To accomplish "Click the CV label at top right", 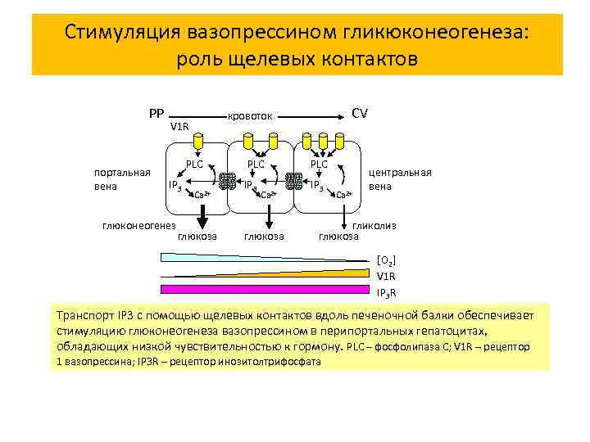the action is point(359,112).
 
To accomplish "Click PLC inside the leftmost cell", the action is point(194,165).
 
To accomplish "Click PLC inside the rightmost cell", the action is point(318,165).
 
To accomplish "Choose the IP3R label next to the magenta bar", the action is point(386,292).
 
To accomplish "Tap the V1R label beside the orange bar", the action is point(385,277).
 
